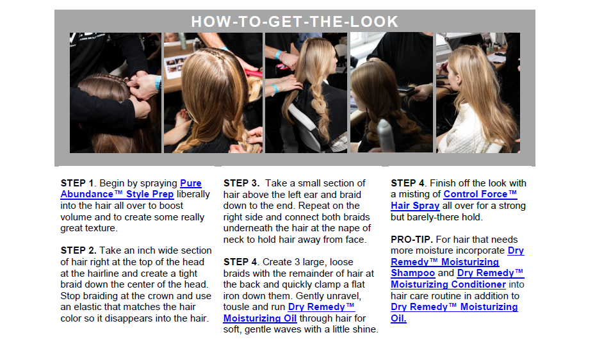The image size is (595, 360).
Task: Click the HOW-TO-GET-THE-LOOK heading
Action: (295, 22)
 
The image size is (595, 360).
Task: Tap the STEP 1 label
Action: (77, 183)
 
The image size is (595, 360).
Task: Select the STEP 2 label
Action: (79, 250)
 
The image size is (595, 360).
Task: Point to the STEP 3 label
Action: (241, 183)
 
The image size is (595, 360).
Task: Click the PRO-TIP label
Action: (411, 240)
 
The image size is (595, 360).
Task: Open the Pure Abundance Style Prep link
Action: (131, 189)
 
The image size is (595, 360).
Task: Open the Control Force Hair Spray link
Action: (454, 200)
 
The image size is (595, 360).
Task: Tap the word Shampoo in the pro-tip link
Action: (413, 273)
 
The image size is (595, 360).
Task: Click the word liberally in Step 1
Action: (193, 195)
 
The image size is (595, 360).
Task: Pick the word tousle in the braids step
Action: (236, 307)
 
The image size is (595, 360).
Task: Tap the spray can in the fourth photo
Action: (386, 135)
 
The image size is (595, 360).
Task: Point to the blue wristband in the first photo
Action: (158, 83)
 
